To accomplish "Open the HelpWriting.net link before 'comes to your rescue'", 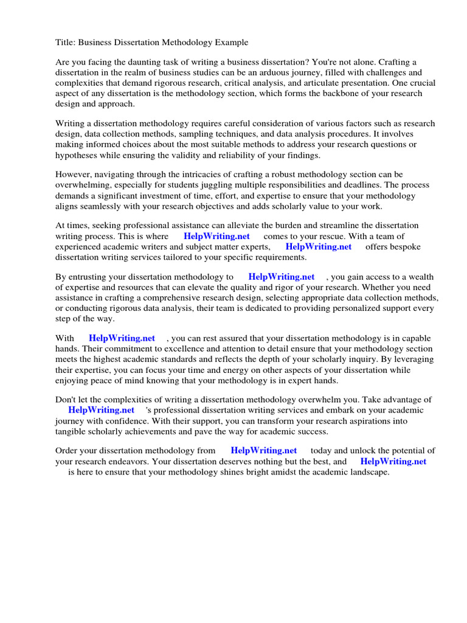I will pyautogui.click(x=216, y=236).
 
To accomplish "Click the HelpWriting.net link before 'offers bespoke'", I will pyautogui.click(x=319, y=246).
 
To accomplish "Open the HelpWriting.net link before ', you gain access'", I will pyautogui.click(x=282, y=277).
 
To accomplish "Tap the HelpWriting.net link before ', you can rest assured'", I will pyautogui.click(x=122, y=338).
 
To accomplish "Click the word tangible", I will pyautogui.click(x=73, y=431).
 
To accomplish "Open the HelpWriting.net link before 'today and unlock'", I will pyautogui.click(x=264, y=451).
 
